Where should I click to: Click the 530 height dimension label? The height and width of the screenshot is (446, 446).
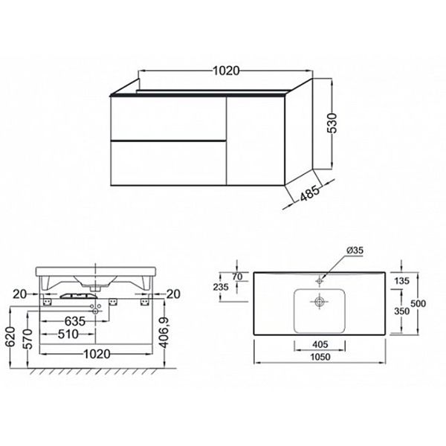332,123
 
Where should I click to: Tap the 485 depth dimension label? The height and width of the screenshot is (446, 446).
310,193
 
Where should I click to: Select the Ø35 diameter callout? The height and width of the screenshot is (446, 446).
355,251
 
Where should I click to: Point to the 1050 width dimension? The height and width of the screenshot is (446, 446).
320,357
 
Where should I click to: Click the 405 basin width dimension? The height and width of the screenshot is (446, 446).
320,344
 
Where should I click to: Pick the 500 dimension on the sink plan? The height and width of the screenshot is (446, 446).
418,303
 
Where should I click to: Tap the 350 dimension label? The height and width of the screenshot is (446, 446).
402,311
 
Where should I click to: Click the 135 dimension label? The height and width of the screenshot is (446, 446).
402,281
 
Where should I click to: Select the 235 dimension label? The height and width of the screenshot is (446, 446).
221,287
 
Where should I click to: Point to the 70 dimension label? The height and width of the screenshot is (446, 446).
237,277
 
